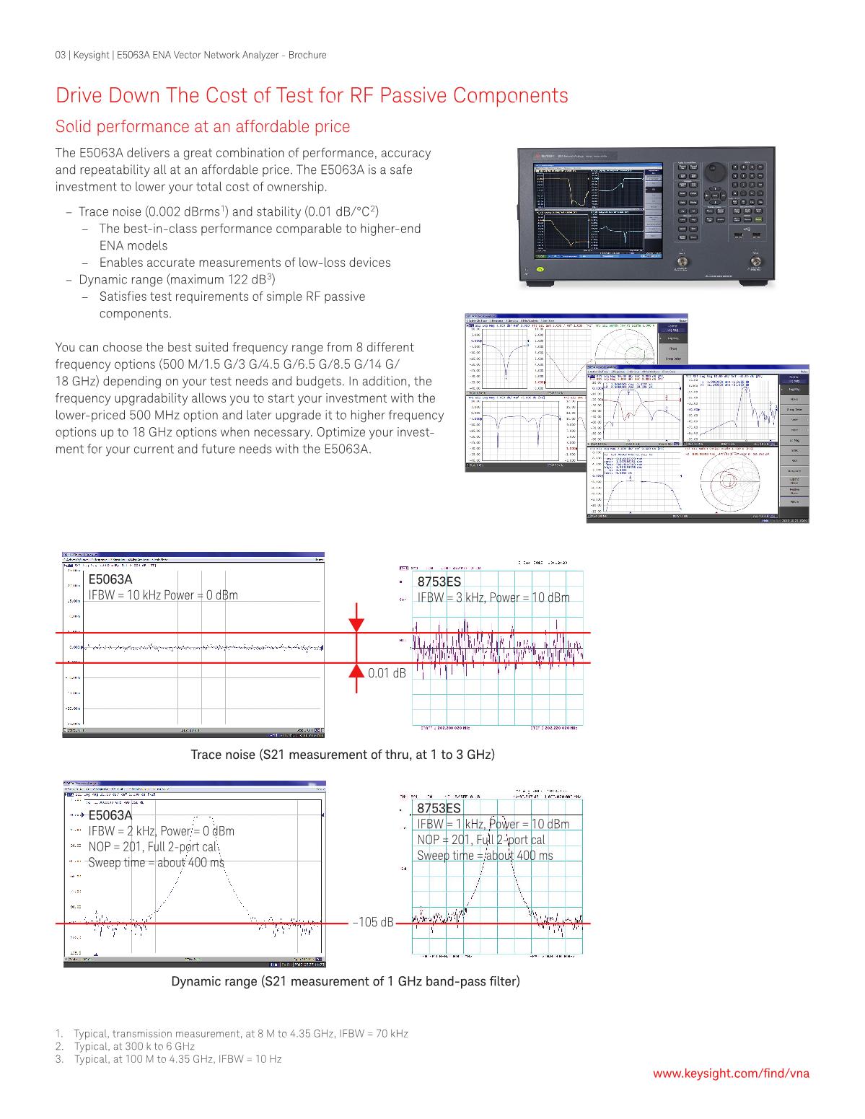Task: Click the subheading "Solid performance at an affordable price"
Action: pos(203,126)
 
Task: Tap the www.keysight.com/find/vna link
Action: pos(731,1073)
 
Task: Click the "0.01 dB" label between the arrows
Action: pos(387,672)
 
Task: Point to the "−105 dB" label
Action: pos(372,923)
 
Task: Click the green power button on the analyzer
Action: pos(540,270)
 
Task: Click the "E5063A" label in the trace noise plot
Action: pos(110,579)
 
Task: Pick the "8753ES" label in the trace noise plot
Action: pos(439,582)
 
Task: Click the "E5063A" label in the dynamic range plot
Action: pos(110,815)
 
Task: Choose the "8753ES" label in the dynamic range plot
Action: pos(439,808)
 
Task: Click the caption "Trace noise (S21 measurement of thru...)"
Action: pos(342,755)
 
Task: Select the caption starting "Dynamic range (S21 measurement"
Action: pos(345,981)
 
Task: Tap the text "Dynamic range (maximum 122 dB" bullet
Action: pos(173,279)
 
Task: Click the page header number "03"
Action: pos(61,55)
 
